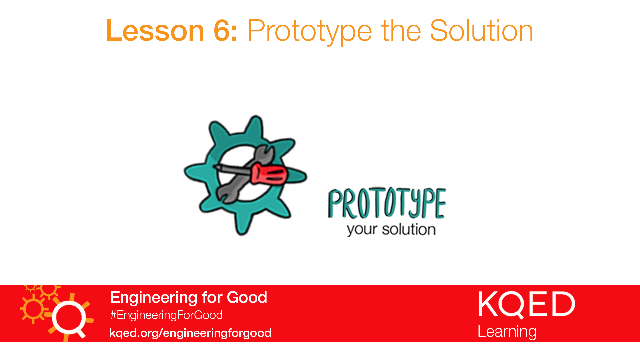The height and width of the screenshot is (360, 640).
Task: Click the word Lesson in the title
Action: pos(155,31)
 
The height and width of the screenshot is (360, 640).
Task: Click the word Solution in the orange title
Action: pos(482,31)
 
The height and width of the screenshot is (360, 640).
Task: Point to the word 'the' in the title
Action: pos(401,31)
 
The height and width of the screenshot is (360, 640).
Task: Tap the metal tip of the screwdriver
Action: pos(217,167)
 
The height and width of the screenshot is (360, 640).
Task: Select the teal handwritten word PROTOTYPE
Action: pos(387,203)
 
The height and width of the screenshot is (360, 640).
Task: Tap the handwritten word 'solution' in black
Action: pos(409,229)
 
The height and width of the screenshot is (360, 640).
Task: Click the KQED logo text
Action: pos(527,304)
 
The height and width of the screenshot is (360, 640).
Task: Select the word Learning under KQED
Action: pos(507,332)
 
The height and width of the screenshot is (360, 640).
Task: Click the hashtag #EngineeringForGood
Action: pos(166,315)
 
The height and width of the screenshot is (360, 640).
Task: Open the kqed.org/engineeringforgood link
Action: pos(190,333)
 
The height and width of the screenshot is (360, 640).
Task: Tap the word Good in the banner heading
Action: pos(247,297)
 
